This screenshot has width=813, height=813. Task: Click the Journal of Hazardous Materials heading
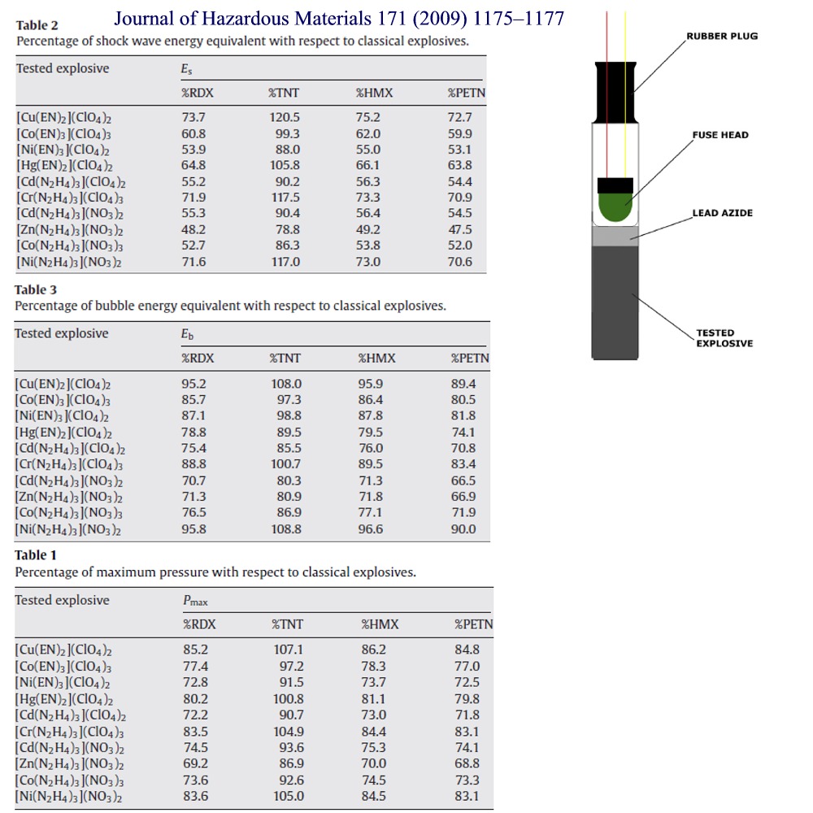(x=338, y=18)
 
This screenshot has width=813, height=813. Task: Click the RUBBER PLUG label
(x=722, y=37)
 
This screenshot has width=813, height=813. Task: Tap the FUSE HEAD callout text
(x=720, y=135)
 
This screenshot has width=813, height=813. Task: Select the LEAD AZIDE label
(x=722, y=213)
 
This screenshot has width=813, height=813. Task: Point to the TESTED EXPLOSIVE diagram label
(x=724, y=337)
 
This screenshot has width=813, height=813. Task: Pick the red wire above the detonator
(x=606, y=33)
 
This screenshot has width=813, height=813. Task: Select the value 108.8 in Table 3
(x=285, y=529)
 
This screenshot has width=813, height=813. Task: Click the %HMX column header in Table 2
(x=374, y=93)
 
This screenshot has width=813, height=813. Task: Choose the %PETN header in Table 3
(x=470, y=358)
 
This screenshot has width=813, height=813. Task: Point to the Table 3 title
(x=31, y=289)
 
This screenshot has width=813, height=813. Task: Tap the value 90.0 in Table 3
(x=463, y=529)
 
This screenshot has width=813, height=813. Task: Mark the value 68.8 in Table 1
(x=467, y=763)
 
